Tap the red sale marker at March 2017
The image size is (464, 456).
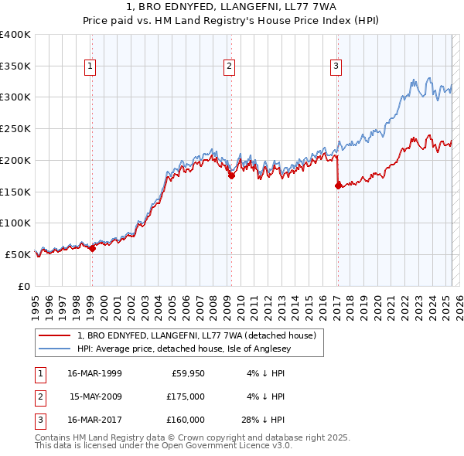tap(338, 185)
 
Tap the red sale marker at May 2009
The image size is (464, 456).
tap(231, 175)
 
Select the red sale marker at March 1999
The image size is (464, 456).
tap(92, 248)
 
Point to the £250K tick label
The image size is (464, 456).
tap(15, 128)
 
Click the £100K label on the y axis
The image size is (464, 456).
tap(15, 223)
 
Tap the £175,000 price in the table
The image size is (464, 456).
tap(186, 396)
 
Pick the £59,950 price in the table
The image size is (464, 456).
tap(188, 373)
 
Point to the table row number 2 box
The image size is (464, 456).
tap(38, 396)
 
